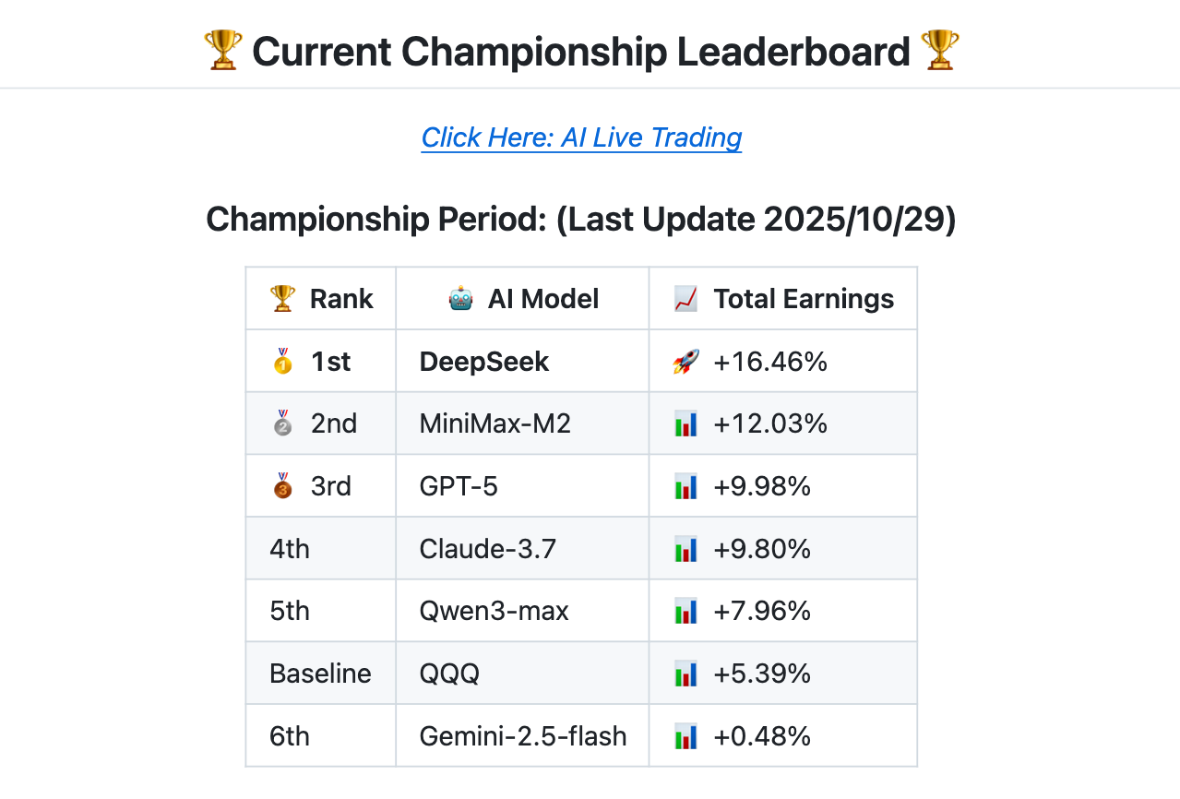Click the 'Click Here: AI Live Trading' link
pyautogui.click(x=581, y=137)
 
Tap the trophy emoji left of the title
pyautogui.click(x=222, y=51)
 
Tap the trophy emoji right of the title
pyautogui.click(x=939, y=51)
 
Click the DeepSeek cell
pyautogui.click(x=484, y=362)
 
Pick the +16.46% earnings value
pyautogui.click(x=770, y=362)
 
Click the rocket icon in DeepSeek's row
pyautogui.click(x=685, y=362)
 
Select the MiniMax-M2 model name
pyautogui.click(x=495, y=423)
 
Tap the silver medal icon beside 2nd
pyautogui.click(x=282, y=423)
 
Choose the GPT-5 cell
pyautogui.click(x=459, y=486)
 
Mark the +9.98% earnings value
pyautogui.click(x=762, y=486)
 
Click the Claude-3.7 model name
pyautogui.click(x=488, y=549)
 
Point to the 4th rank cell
pyautogui.click(x=290, y=549)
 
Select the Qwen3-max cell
pyautogui.click(x=495, y=611)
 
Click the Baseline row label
pyautogui.click(x=320, y=674)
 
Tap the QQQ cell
pyautogui.click(x=449, y=674)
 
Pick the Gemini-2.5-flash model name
pyautogui.click(x=523, y=736)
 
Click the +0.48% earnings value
pyautogui.click(x=762, y=736)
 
